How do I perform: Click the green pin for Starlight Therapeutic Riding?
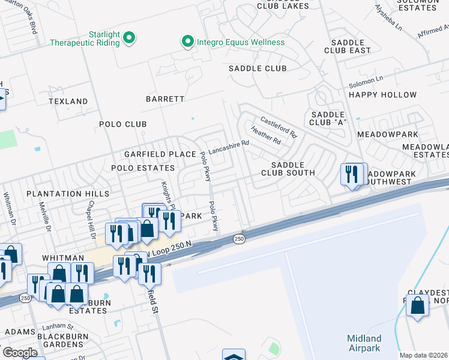pos(129,40)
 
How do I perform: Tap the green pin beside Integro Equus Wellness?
pos(187,42)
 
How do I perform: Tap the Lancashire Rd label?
pos(228,148)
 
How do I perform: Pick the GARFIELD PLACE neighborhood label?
pos(160,154)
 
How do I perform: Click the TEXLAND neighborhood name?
pos(68,101)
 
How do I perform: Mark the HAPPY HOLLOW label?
pos(382,95)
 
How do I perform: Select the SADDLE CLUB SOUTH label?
pos(288,169)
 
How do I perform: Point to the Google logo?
pos(20,353)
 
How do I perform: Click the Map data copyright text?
pos(424,355)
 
